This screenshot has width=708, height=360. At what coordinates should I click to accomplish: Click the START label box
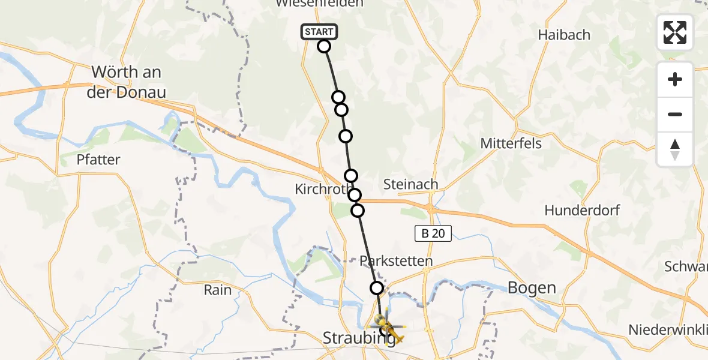(x=319, y=32)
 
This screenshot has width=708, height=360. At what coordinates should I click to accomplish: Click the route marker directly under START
(x=324, y=46)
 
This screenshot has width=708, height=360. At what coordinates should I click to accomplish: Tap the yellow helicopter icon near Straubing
(x=389, y=326)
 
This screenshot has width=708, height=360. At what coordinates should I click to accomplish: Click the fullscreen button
(x=675, y=32)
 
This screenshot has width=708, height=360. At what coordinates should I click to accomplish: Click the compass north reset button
(x=675, y=149)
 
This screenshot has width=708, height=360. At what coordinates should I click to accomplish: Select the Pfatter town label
(x=98, y=160)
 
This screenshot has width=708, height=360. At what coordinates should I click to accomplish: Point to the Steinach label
(x=410, y=184)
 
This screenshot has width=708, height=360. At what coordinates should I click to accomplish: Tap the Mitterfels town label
(x=511, y=143)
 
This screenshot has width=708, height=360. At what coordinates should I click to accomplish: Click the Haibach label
(x=564, y=35)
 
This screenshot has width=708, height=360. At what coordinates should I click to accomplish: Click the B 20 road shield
(x=433, y=233)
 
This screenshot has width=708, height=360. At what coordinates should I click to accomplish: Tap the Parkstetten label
(x=395, y=262)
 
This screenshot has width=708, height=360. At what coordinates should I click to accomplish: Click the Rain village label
(x=217, y=290)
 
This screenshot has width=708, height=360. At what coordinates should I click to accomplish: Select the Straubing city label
(x=358, y=338)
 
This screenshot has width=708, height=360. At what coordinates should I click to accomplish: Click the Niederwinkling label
(x=667, y=329)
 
